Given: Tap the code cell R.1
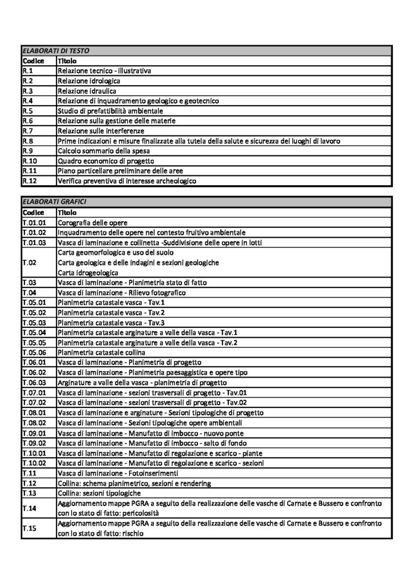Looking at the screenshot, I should click(x=28, y=71).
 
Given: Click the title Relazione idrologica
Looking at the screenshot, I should click(x=88, y=81).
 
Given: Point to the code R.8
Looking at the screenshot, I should click(x=28, y=141).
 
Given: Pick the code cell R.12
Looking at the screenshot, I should click(x=30, y=181).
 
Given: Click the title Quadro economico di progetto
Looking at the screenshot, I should click(x=101, y=161).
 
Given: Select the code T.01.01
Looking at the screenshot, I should click(x=35, y=222).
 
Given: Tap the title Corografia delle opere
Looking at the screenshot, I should click(x=92, y=222).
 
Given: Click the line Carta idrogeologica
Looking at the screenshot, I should click(x=85, y=272).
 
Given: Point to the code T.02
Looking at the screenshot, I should click(x=29, y=262).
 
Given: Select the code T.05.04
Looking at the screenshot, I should click(x=35, y=332).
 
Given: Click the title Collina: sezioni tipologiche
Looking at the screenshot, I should click(x=99, y=492).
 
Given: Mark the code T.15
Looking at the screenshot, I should click(x=29, y=528).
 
